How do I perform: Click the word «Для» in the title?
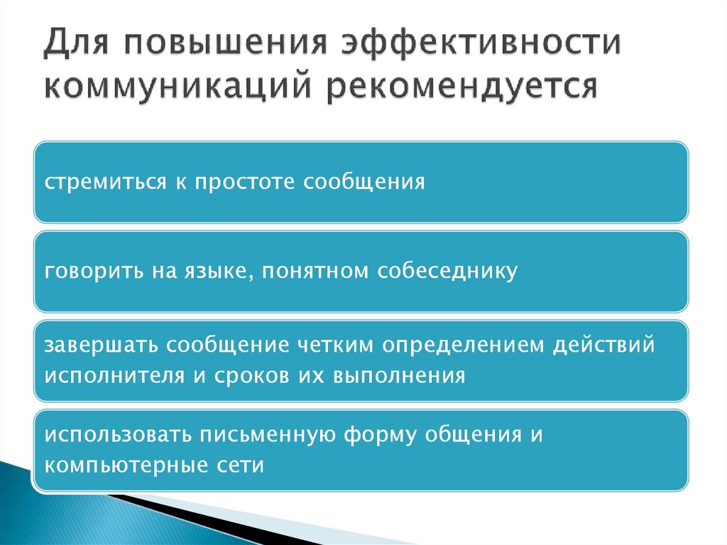tap(73, 44)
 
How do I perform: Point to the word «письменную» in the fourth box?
tap(270, 436)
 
